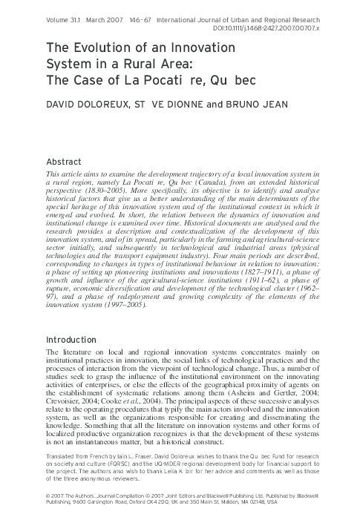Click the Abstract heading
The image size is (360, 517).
click(63, 162)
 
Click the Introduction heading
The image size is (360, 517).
click(72, 340)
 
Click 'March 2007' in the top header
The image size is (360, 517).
click(111, 10)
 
